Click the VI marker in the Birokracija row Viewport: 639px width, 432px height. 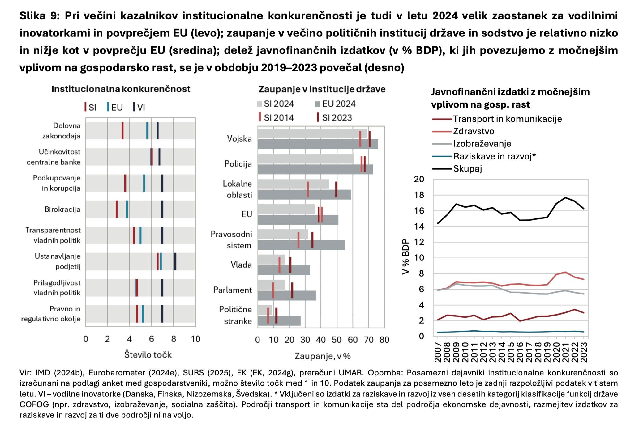pos(162,209)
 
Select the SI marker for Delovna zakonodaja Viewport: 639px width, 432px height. pos(122,131)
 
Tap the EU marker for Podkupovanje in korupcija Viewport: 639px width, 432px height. pos(144,183)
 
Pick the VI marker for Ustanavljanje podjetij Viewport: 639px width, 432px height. pos(175,261)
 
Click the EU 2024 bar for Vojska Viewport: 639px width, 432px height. pos(318,144)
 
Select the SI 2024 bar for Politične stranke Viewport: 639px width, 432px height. pos(265,310)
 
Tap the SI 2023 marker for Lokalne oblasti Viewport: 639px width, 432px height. pos(336,189)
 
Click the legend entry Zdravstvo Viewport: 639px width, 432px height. pos(474,131)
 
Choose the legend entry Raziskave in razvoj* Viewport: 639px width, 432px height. pos(494,156)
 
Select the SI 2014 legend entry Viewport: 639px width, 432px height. pos(278,118)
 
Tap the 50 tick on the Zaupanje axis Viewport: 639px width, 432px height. pos(337,340)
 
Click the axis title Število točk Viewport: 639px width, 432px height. pos(148,354)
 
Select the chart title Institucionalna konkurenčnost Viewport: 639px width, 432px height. pos(121,89)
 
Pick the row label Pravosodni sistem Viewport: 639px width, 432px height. pos(231,240)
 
